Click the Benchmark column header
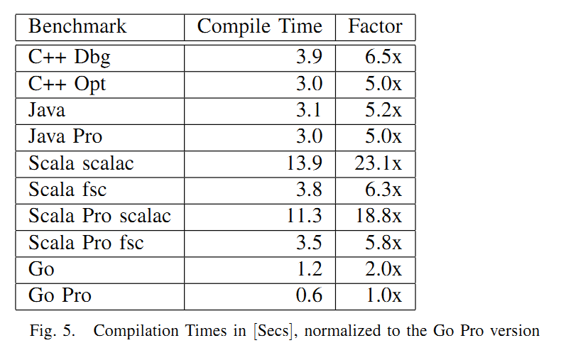pyautogui.click(x=77, y=26)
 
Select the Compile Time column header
pyautogui.click(x=260, y=27)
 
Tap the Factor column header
pyautogui.click(x=376, y=26)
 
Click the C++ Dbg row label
pyautogui.click(x=70, y=58)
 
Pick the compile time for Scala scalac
pyautogui.click(x=305, y=163)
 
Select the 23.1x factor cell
pyautogui.click(x=378, y=163)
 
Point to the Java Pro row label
pyautogui.click(x=65, y=137)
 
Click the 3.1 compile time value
pyautogui.click(x=309, y=110)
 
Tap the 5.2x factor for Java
pyautogui.click(x=383, y=110)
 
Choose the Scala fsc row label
pyautogui.click(x=67, y=190)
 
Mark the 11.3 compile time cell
pyautogui.click(x=305, y=216)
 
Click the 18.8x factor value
pyautogui.click(x=378, y=216)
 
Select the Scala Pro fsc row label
pyautogui.click(x=86, y=242)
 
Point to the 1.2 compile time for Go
pyautogui.click(x=310, y=268)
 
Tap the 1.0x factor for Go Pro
pyautogui.click(x=384, y=295)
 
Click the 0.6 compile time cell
pyautogui.click(x=309, y=295)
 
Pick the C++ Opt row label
pyautogui.click(x=67, y=84)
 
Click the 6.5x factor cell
pyautogui.click(x=383, y=57)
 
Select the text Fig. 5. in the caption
pyautogui.click(x=53, y=331)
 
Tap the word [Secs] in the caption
pyautogui.click(x=273, y=331)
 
